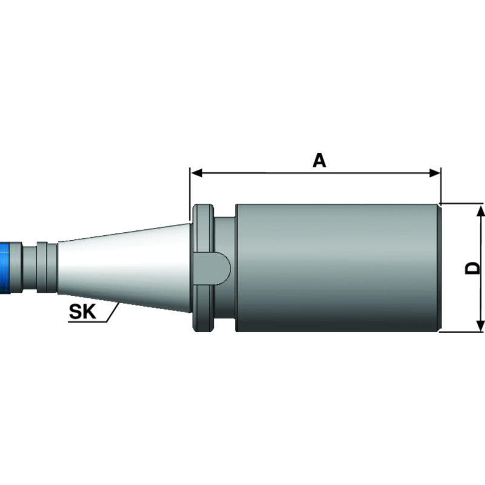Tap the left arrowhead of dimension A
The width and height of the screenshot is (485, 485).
pyautogui.click(x=195, y=173)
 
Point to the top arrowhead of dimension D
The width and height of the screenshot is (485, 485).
pyautogui.click(x=481, y=210)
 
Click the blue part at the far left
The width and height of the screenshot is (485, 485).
pyautogui.click(x=8, y=267)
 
